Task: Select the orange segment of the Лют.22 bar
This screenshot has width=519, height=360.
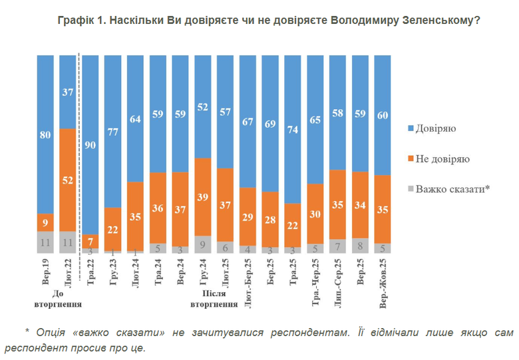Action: tap(68, 180)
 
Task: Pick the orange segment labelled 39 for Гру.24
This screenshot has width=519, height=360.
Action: tap(203, 197)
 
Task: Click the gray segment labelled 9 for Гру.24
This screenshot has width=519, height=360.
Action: tap(203, 244)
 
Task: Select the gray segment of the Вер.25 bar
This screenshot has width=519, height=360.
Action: tap(361, 246)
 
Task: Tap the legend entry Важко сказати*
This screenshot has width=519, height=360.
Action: tap(452, 189)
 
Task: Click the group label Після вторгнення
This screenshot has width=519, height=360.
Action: tap(214, 299)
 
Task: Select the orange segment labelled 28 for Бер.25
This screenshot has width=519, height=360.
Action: tap(270, 220)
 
